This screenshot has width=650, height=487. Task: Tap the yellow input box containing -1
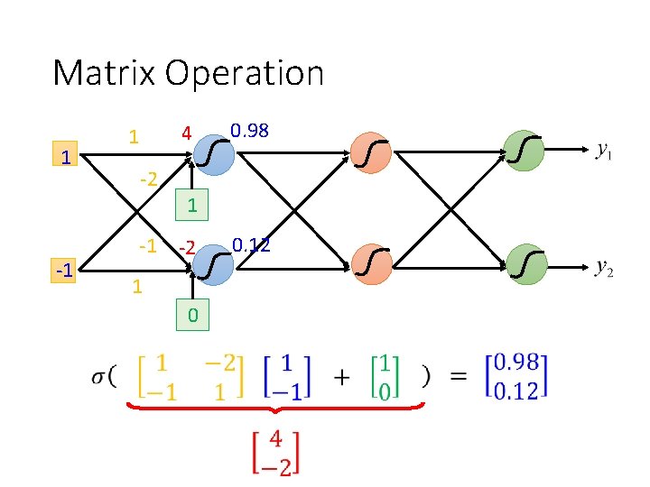(64, 267)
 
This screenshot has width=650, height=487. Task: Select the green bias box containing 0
(192, 316)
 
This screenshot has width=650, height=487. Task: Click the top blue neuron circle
(214, 154)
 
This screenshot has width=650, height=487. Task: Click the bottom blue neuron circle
(214, 266)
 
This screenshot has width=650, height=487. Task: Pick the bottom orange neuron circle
(371, 266)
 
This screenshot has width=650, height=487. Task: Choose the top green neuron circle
(525, 152)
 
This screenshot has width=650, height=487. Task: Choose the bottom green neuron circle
(525, 266)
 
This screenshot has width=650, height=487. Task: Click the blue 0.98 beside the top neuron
(249, 131)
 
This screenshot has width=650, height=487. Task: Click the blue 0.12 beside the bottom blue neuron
(251, 244)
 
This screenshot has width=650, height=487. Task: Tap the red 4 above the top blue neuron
(185, 134)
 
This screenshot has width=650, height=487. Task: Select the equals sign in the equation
(459, 377)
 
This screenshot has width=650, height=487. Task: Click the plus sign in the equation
(342, 377)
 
